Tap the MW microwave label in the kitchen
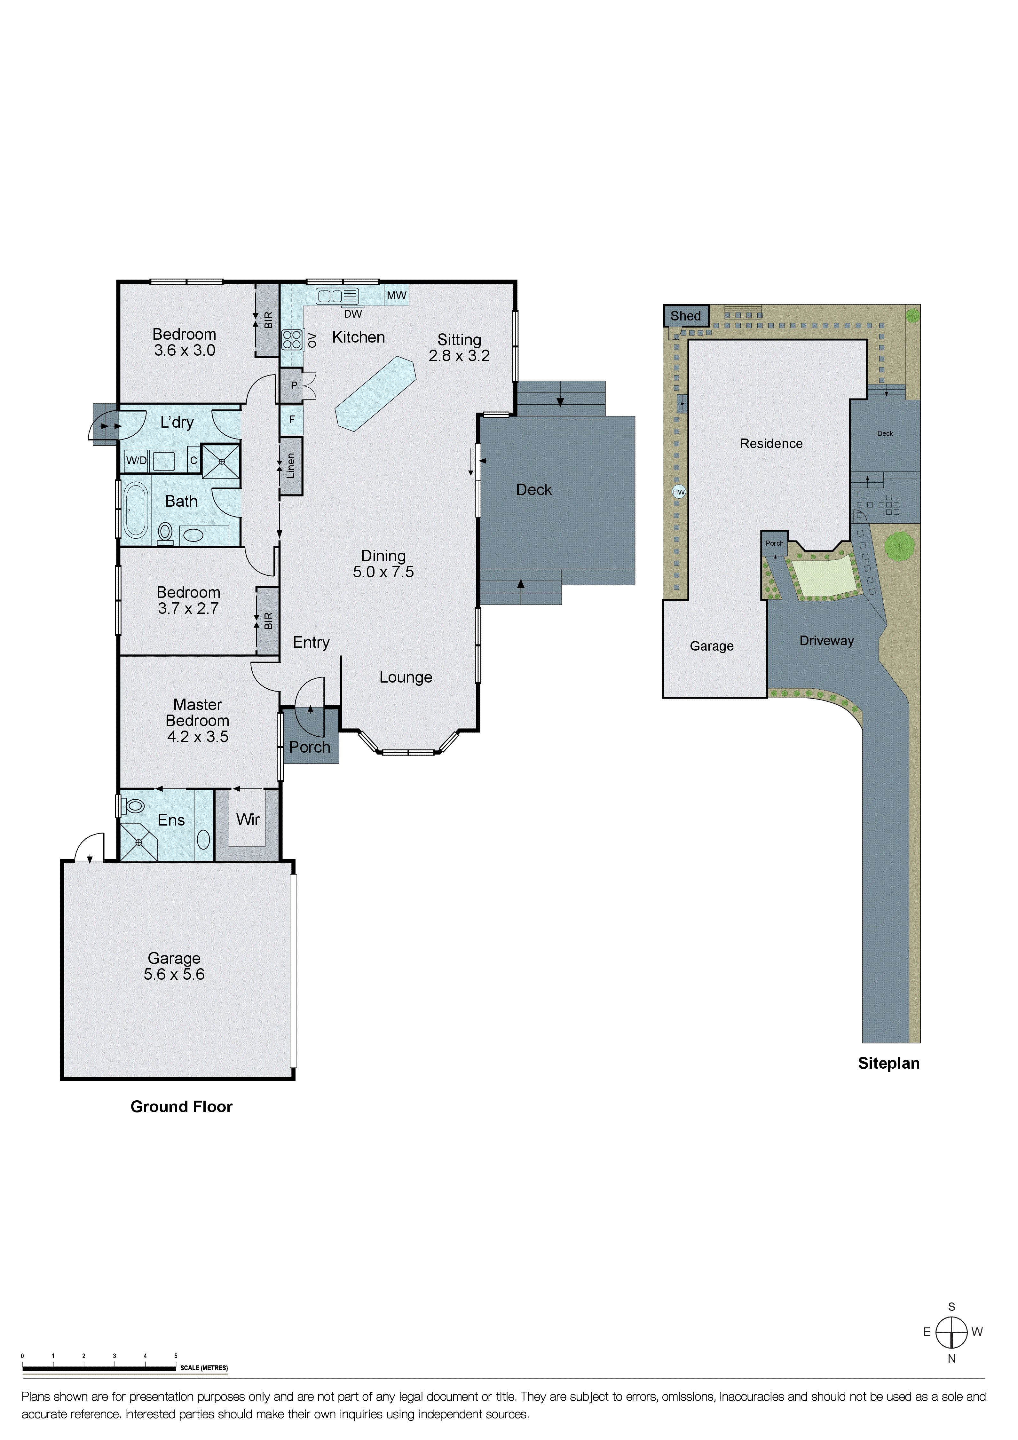pyautogui.click(x=396, y=296)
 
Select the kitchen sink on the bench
pyautogui.click(x=337, y=296)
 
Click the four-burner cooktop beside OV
pyautogui.click(x=292, y=340)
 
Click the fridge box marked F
pyautogui.click(x=292, y=420)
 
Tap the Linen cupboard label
pyautogui.click(x=290, y=466)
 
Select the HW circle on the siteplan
pyautogui.click(x=678, y=492)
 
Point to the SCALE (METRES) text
pyautogui.click(x=204, y=1368)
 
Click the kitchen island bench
pyautogui.click(x=375, y=394)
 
